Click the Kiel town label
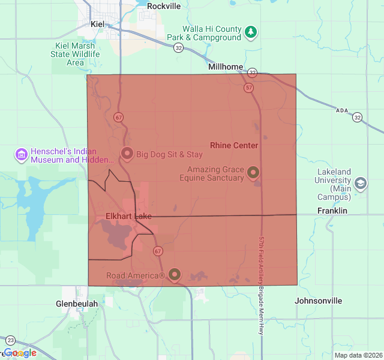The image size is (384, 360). pos(97,24)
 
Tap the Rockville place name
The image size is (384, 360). pos(163,6)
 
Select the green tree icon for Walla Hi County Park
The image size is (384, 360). pos(251,32)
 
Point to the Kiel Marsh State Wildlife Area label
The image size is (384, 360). pos(75,54)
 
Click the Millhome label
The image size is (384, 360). pos(226,67)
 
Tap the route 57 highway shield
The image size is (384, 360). pos(248,88)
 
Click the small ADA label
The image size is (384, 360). pos(342,110)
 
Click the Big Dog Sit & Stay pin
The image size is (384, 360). pos(127,154)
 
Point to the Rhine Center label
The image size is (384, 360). pos(234,145)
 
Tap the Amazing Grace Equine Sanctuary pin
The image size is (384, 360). pos(253,173)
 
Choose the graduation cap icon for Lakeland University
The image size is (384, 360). pos(361,184)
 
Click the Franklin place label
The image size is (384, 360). pos(332,211)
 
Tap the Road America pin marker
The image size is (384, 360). pos(175,275)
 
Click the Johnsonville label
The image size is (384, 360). pos(319,301)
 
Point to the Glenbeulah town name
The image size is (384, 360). pos(77,304)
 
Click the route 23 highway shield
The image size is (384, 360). pos(10,340)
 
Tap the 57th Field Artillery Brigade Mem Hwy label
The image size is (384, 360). pos(262,284)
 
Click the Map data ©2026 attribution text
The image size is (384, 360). pos(358,355)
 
